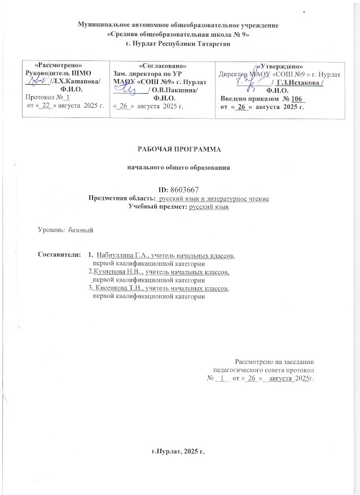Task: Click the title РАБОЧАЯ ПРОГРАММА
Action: pos(180,149)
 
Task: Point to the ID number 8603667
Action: pos(188,190)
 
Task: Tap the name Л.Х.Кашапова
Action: pos(74,81)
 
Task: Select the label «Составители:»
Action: pos(59,256)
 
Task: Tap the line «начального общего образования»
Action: pos(180,168)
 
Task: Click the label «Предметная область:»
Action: pos(122,198)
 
